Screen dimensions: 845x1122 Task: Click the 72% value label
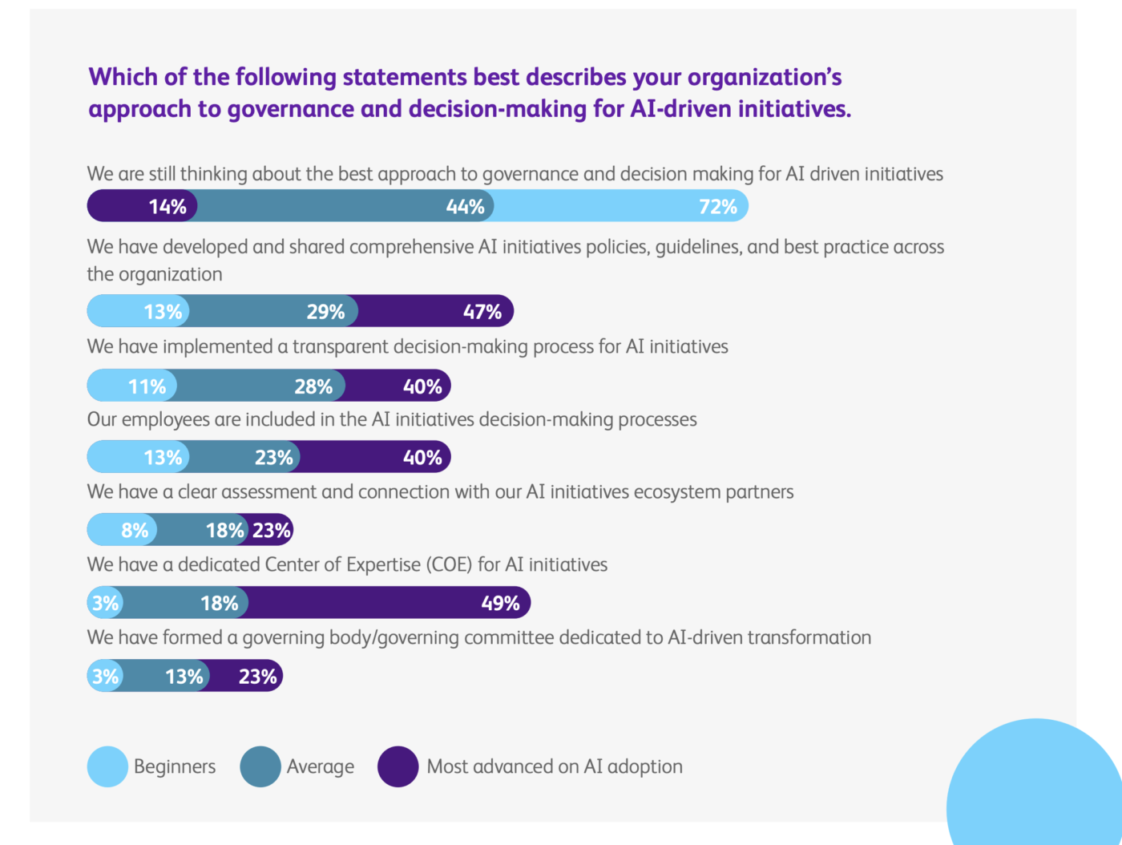pos(717,207)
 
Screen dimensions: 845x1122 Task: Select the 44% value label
pos(465,207)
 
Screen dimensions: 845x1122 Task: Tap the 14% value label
pos(167,207)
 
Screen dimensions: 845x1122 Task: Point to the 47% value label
pos(482,312)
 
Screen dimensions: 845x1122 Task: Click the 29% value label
pos(325,312)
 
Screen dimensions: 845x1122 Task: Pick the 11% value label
pos(147,387)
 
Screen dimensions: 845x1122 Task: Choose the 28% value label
pos(313,387)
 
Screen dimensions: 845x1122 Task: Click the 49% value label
pos(500,604)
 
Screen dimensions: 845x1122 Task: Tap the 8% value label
pos(135,531)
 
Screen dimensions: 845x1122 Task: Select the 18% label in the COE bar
pos(219,604)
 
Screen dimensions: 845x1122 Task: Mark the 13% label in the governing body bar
pos(184,677)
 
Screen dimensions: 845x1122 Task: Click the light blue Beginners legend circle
pos(107,766)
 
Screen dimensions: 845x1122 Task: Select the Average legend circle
pos(260,766)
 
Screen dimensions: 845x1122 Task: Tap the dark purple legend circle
pos(398,766)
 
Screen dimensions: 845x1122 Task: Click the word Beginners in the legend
pos(175,766)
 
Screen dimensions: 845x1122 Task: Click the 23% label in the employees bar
pos(273,458)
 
